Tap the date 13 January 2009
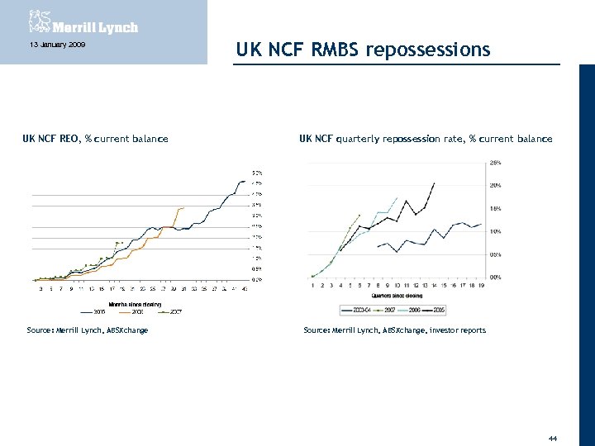(x=51, y=45)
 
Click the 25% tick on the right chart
(x=495, y=162)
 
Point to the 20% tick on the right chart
(x=495, y=185)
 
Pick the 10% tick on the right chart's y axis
(x=495, y=231)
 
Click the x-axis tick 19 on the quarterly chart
(x=480, y=286)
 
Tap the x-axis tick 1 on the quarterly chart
(x=312, y=286)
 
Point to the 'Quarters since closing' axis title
(x=397, y=295)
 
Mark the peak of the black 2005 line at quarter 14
(x=434, y=183)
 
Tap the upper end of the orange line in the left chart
(x=183, y=208)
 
